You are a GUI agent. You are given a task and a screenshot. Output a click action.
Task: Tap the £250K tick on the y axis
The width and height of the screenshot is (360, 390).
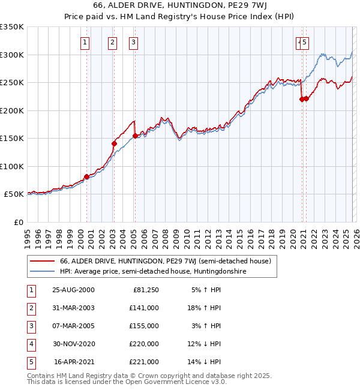[12, 83]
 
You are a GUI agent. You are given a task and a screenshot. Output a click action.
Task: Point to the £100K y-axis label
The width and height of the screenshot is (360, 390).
[12, 167]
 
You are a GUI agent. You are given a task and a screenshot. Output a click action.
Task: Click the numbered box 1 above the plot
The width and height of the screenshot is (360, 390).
[85, 42]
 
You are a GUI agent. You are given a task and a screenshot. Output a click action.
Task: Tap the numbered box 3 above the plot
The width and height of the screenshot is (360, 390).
[133, 42]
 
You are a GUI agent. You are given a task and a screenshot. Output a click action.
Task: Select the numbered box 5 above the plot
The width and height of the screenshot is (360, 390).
[305, 42]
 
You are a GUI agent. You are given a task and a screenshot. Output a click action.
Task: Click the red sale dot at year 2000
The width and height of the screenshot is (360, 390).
[86, 176]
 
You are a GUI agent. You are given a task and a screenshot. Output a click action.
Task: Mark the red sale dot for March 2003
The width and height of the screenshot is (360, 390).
[114, 143]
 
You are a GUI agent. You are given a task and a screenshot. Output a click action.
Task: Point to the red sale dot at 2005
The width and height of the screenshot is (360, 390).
[135, 136]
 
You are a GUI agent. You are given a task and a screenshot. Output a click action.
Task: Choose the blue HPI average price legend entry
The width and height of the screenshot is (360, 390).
[152, 271]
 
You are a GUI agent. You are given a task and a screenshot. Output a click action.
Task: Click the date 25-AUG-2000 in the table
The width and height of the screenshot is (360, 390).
[73, 290]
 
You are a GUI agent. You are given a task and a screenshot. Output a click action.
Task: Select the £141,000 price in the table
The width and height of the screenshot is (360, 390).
[144, 308]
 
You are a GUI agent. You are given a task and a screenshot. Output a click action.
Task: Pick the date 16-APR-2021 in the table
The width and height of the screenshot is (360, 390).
[74, 362]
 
